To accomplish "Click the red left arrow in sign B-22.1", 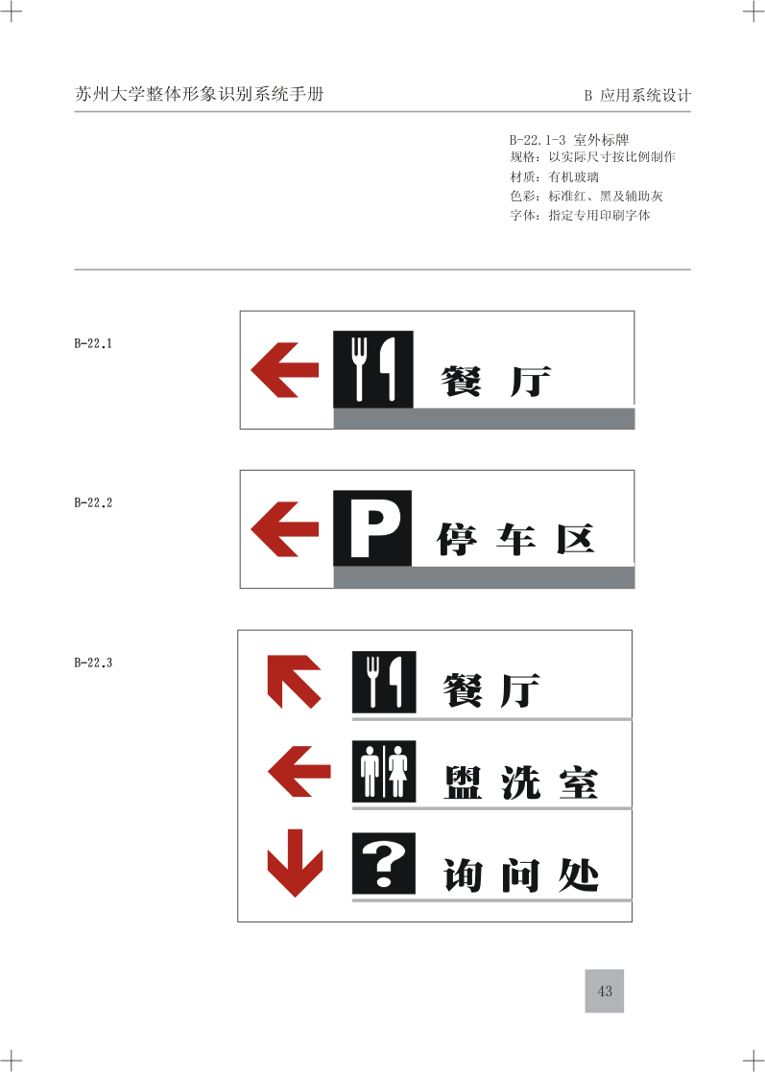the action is (x=285, y=370).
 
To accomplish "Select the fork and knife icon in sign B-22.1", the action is (x=373, y=369).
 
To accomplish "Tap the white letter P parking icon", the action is (x=372, y=527).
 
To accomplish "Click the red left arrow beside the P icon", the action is (x=285, y=529).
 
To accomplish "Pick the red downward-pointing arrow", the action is (x=295, y=863).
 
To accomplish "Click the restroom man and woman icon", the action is (x=384, y=771).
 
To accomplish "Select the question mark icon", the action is (x=384, y=864).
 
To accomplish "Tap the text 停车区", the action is (x=516, y=540).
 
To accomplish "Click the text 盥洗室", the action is (x=521, y=782).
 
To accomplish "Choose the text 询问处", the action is (x=521, y=875).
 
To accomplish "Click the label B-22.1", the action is (x=93, y=343).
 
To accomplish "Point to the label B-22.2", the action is (x=93, y=502).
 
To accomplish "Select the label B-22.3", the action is (x=93, y=663).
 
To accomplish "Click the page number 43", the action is (x=605, y=990).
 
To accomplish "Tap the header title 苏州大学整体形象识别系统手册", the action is (x=199, y=94).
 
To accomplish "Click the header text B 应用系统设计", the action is (x=637, y=96).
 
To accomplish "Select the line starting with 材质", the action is (x=554, y=176).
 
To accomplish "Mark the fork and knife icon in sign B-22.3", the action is (x=384, y=682).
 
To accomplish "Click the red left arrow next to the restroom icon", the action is (x=299, y=771).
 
